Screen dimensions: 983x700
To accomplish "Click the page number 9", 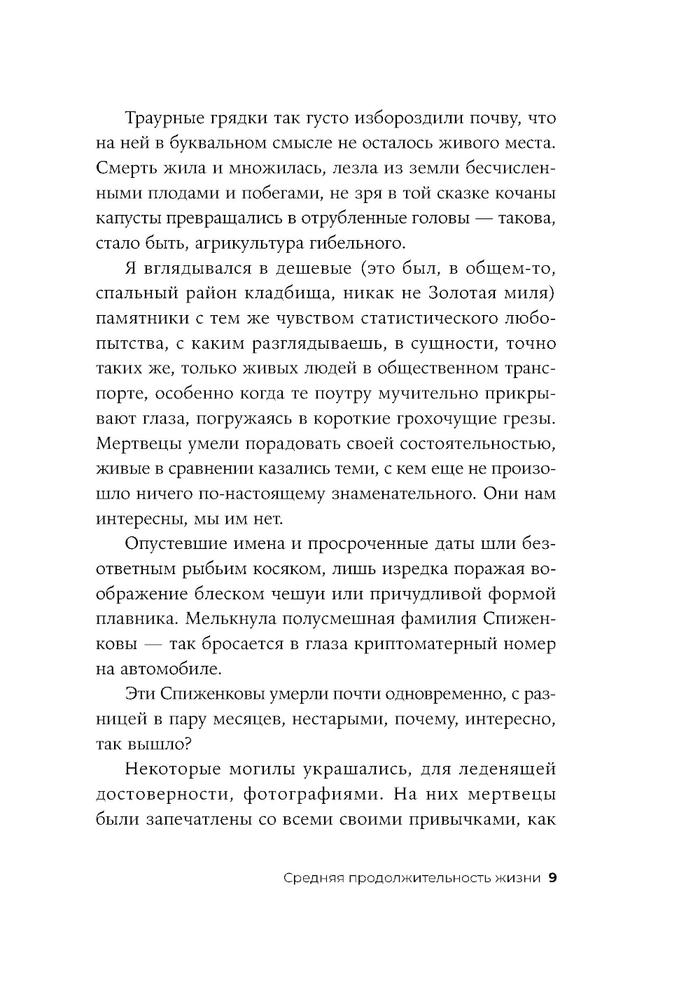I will (552, 879).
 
